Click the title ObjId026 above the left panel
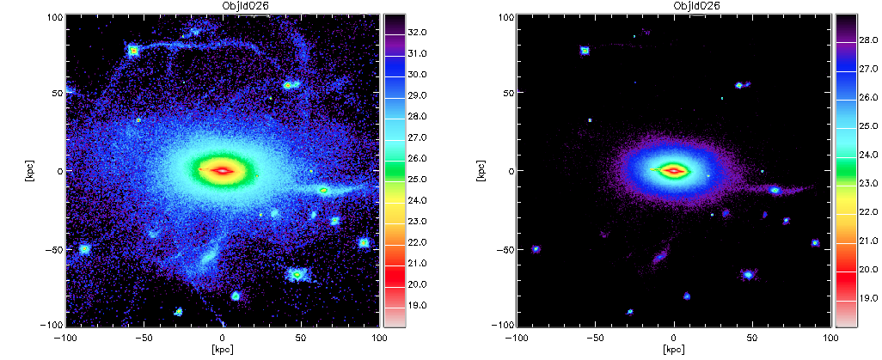click(x=222, y=6)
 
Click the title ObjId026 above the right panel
click(x=673, y=6)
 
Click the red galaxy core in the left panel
click(x=222, y=170)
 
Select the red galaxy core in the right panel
click(x=673, y=170)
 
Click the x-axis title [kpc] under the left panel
click(x=222, y=349)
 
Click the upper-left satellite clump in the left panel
click(x=133, y=51)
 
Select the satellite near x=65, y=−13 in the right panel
click(x=775, y=191)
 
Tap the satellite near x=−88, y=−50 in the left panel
click(x=84, y=248)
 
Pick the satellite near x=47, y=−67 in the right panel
click(x=748, y=274)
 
